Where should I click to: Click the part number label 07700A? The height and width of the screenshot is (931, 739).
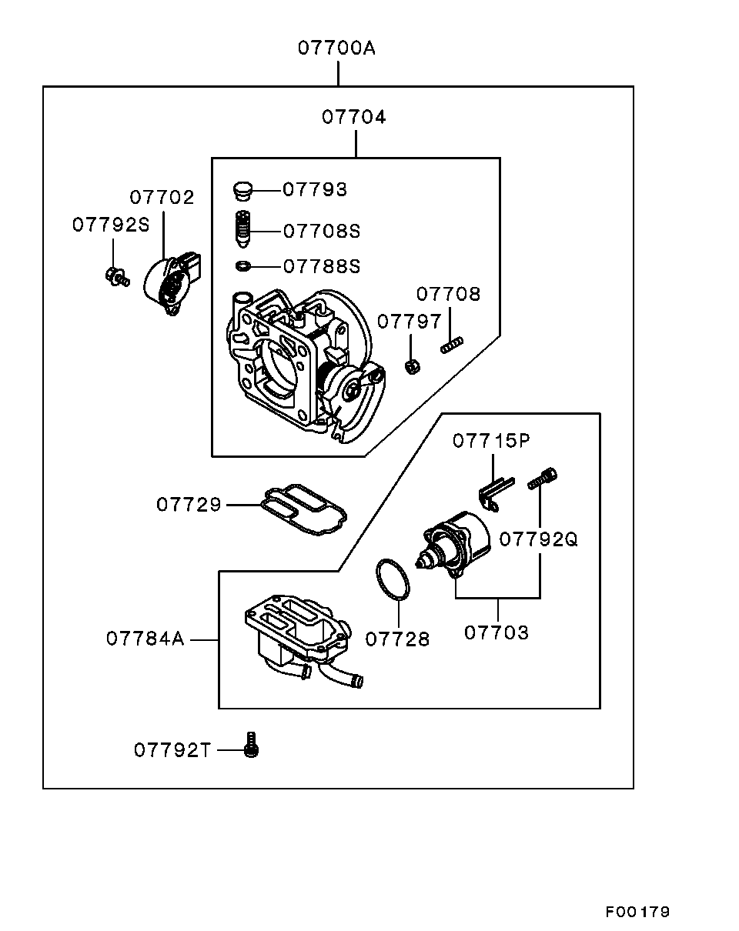click(x=337, y=48)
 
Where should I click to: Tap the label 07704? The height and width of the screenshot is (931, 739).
click(x=354, y=117)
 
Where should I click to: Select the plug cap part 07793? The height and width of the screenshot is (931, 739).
click(x=242, y=189)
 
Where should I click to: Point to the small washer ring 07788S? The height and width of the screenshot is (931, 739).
click(x=242, y=266)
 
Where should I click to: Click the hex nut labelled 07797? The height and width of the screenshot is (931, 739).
click(x=412, y=366)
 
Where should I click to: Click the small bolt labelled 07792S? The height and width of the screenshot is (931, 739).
click(x=115, y=277)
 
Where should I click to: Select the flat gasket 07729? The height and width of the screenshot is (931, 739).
click(x=303, y=508)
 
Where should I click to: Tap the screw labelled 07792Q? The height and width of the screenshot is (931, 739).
click(x=542, y=479)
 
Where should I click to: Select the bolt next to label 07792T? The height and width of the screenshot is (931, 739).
click(x=250, y=746)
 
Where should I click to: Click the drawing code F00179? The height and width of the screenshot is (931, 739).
click(x=637, y=912)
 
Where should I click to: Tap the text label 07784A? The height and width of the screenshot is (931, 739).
click(x=145, y=639)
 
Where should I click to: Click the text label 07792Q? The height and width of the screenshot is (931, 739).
click(x=538, y=539)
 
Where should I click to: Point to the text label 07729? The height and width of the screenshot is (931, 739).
click(x=189, y=505)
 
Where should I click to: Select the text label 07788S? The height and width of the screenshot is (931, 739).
click(x=322, y=266)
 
